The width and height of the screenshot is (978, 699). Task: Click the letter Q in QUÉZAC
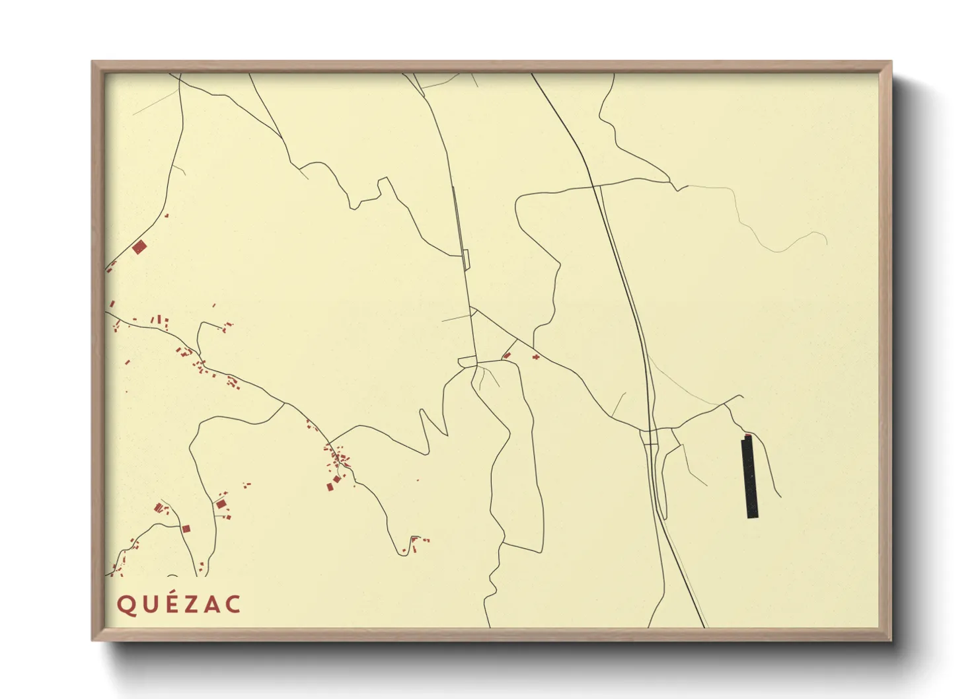126,605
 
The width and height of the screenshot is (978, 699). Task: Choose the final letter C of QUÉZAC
233,605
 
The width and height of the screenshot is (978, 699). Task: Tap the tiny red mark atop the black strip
747,435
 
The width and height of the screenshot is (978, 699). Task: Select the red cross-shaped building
536,357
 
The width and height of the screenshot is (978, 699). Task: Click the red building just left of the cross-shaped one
507,355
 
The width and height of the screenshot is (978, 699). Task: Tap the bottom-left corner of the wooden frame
93,639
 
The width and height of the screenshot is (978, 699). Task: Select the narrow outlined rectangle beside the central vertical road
465,260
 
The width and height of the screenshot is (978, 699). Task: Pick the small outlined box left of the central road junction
467,361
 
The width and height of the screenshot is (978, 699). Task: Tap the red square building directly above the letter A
221,504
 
